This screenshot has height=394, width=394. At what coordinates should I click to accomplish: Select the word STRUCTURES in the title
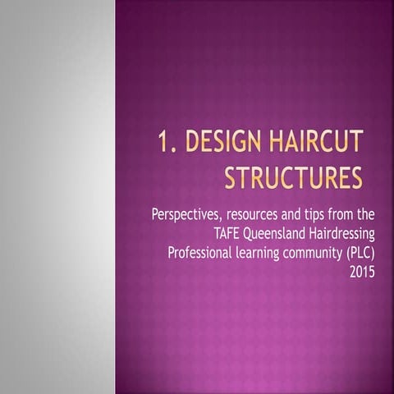point(293,176)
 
